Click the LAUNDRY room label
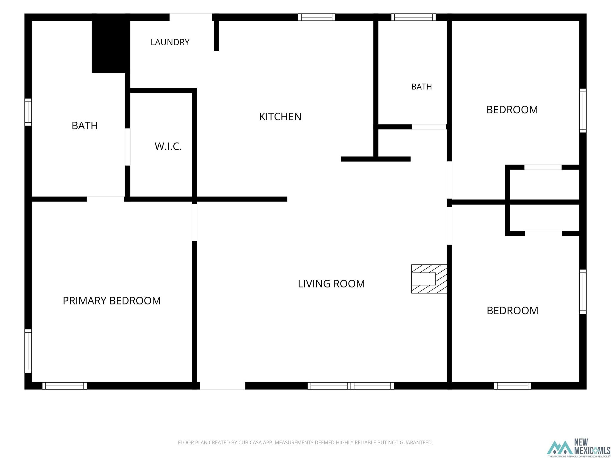[170, 42]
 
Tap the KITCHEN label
[280, 117]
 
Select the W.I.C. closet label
[168, 146]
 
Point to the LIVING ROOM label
[331, 284]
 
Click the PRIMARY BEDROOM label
[112, 301]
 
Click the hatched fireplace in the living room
[429, 279]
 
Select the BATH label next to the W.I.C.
[85, 126]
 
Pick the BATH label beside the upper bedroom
[422, 87]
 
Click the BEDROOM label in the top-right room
[512, 110]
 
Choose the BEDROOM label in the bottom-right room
[512, 311]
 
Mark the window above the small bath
[413, 17]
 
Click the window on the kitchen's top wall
[317, 17]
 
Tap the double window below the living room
[351, 386]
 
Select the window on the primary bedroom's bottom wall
[64, 386]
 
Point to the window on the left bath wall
[28, 112]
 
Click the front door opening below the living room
[223, 386]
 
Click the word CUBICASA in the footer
[250, 442]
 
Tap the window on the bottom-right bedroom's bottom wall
[513, 386]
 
